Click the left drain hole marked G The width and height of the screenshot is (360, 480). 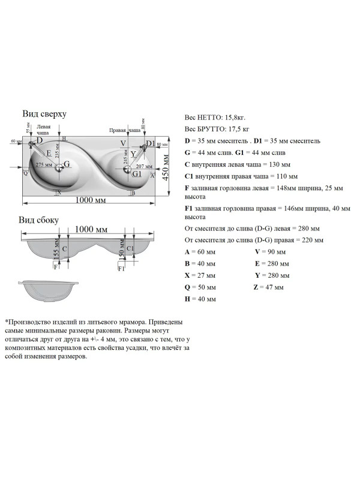click(x=59, y=169)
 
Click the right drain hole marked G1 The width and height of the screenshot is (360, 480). click(x=127, y=170)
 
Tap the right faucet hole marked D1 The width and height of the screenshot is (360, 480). click(x=144, y=147)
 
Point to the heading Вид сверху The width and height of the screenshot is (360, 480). click(x=44, y=113)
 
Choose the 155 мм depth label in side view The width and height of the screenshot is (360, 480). click(x=56, y=247)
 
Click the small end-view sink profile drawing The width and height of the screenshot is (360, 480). click(x=49, y=290)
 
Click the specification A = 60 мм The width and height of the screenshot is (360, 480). click(x=200, y=251)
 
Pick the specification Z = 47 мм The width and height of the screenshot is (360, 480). click(x=271, y=287)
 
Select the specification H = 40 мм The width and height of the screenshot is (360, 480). click(x=200, y=298)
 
